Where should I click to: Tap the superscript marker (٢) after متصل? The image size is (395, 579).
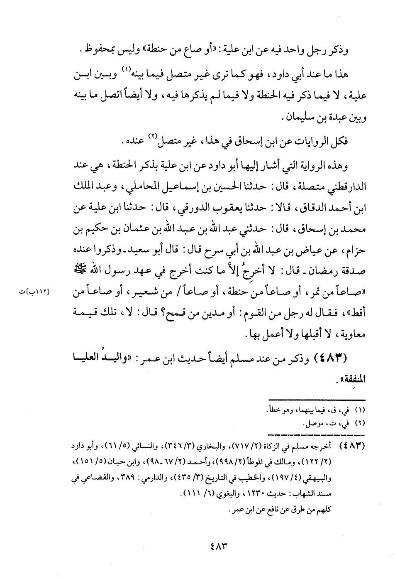[x=155, y=137]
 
